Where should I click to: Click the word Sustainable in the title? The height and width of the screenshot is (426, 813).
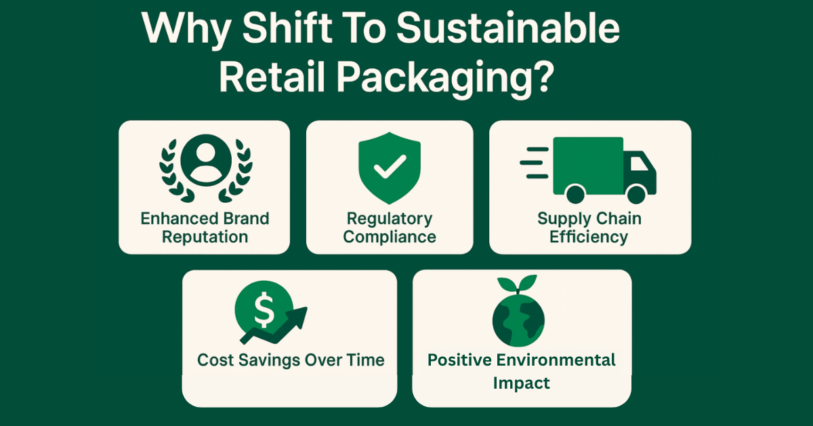tap(507, 28)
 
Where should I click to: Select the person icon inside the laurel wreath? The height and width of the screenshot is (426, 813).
tap(206, 160)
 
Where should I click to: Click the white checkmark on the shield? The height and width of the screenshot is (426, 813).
tap(390, 167)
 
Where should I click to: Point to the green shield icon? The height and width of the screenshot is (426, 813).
tap(390, 168)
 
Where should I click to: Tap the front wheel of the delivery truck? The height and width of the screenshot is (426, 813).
tap(636, 194)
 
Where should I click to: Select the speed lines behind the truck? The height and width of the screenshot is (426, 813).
tap(535, 163)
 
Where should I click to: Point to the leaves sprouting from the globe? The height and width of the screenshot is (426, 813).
tap(517, 284)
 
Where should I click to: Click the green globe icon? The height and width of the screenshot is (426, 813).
tap(518, 320)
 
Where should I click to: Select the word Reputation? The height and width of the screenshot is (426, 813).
tap(205, 237)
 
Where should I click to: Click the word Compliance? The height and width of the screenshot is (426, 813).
tap(390, 237)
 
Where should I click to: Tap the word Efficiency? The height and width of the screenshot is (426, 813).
tap(589, 237)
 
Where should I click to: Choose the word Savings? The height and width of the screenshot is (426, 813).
tap(270, 361)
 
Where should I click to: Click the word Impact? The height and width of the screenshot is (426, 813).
tap(521, 383)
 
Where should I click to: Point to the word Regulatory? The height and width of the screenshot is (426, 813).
tap(390, 219)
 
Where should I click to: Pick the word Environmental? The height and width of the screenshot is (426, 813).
tap(556, 360)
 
